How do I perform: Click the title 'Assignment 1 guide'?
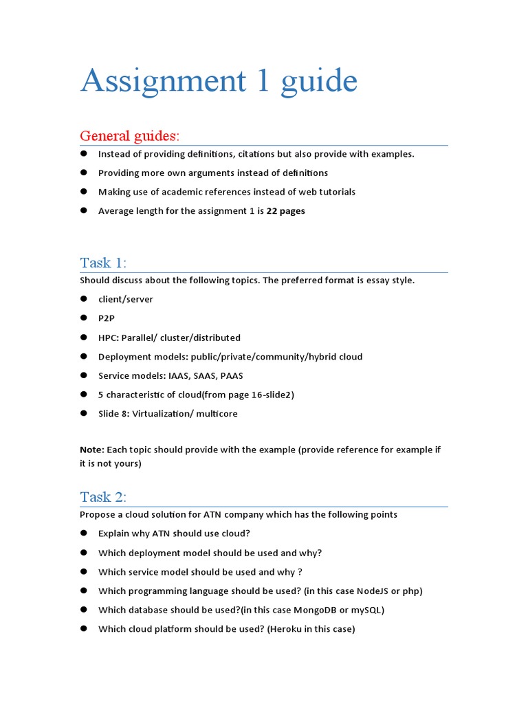click(x=219, y=81)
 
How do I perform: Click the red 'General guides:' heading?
click(x=129, y=135)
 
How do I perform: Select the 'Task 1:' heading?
click(x=103, y=263)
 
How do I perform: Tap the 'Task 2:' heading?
click(x=103, y=497)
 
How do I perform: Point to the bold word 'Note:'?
click(x=92, y=450)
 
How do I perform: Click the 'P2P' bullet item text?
click(x=107, y=318)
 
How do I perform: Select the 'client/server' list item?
click(x=126, y=299)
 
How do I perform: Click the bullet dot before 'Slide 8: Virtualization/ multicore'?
click(x=84, y=414)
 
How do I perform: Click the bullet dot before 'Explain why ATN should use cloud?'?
click(x=84, y=533)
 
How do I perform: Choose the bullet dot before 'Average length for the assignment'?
click(x=84, y=210)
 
